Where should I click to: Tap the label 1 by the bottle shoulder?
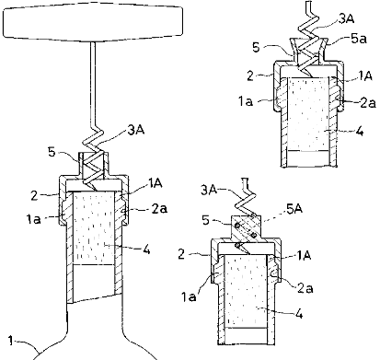coord(11,341)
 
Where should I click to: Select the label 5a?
coord(358,39)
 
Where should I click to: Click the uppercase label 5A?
coord(294,209)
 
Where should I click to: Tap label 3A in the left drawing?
coord(136,130)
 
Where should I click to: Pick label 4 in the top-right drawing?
coord(360,131)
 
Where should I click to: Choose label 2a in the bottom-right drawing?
coord(305,288)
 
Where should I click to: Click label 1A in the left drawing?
coord(155,183)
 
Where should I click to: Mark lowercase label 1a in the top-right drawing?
coord(246,101)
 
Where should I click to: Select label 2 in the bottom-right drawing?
coord(181,254)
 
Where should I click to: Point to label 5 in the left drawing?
coord(52,152)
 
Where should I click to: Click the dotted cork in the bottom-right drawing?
coord(246,290)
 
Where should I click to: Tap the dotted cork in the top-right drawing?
coord(308,114)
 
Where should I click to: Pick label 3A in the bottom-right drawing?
coord(209,190)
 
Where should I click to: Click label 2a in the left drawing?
coord(159,209)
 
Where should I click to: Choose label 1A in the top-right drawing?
coord(365,75)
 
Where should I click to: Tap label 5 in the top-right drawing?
coord(257,48)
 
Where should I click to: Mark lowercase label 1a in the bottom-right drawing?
coord(189,296)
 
